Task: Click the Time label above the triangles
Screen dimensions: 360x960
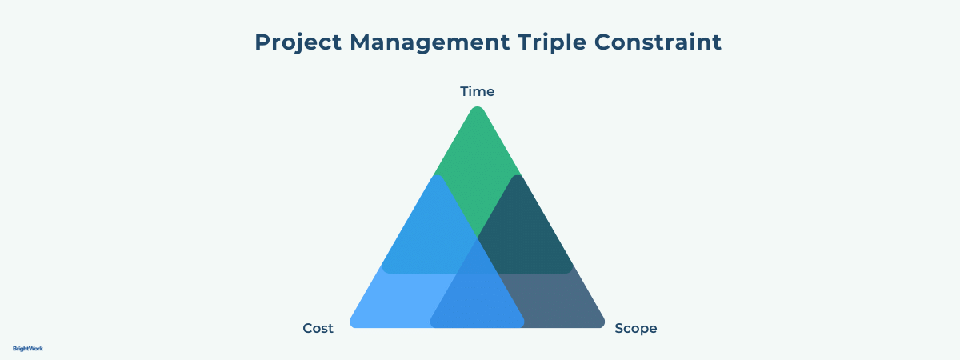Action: (x=478, y=91)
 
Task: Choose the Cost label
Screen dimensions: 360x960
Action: (x=318, y=328)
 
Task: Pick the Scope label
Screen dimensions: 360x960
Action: (x=635, y=328)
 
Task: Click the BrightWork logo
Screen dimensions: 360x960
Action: (x=28, y=349)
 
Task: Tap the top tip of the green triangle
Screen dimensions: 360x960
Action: (x=478, y=110)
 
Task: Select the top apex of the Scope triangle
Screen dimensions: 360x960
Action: (x=518, y=178)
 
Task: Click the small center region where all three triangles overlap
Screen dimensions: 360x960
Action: (x=478, y=260)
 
